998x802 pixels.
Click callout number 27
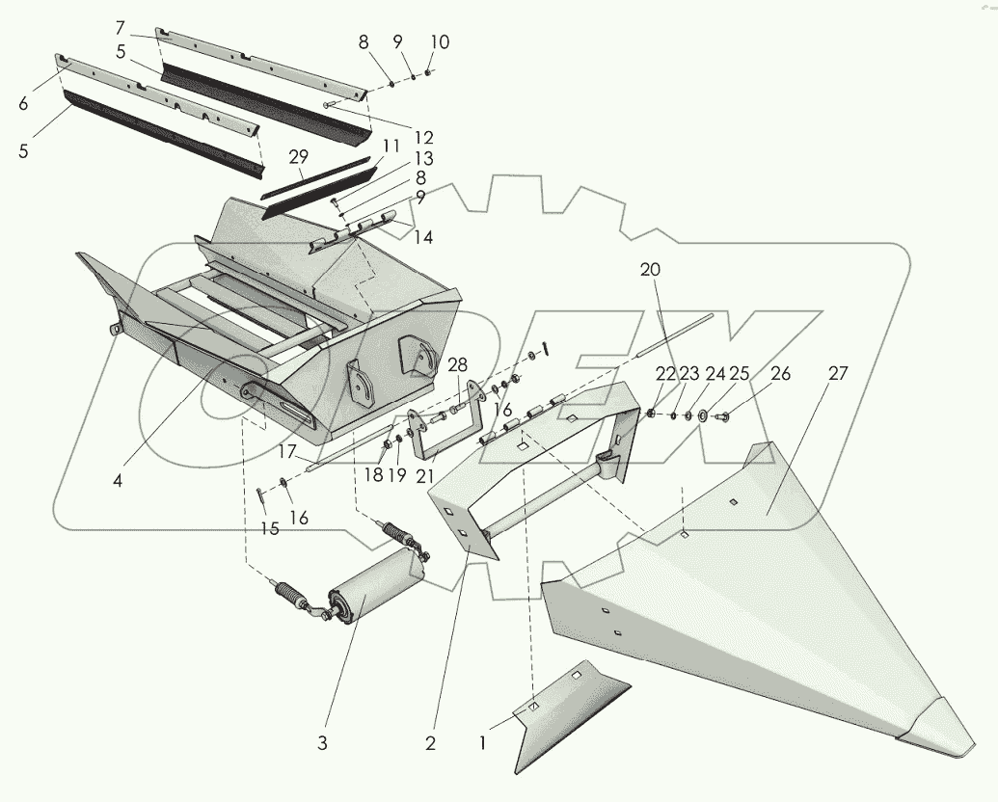click(838, 373)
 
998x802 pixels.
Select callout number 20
click(651, 270)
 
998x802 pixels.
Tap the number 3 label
click(323, 743)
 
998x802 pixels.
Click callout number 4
click(117, 478)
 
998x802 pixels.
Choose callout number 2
click(430, 743)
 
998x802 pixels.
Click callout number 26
click(779, 374)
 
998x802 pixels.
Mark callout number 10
click(440, 42)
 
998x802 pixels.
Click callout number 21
click(423, 474)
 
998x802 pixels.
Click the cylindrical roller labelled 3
click(376, 584)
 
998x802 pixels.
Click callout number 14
click(423, 237)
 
